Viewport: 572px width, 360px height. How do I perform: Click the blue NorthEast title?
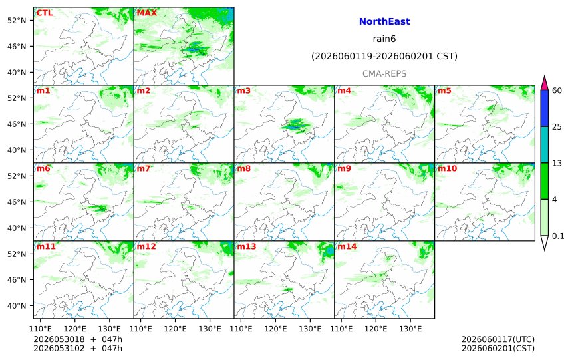384,21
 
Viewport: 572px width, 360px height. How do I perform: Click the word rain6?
384,39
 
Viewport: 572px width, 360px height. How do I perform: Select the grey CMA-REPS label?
384,74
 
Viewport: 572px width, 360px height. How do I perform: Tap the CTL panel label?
44,13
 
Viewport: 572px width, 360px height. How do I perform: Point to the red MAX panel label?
146,13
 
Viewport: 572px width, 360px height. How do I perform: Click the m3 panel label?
243,90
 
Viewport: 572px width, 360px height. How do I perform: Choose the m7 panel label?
144,168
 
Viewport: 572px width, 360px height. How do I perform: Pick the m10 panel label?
447,168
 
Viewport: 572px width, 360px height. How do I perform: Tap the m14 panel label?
347,246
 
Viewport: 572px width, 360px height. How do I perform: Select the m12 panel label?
146,246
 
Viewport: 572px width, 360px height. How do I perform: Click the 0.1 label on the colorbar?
558,236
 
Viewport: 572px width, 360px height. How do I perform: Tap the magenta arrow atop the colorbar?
544,83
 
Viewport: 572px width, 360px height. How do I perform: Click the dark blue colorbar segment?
544,108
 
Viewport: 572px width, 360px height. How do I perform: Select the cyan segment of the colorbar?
544,144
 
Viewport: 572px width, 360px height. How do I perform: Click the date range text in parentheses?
384,56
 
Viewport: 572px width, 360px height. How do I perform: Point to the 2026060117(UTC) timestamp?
498,339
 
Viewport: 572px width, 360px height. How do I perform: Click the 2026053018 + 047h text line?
78,339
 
